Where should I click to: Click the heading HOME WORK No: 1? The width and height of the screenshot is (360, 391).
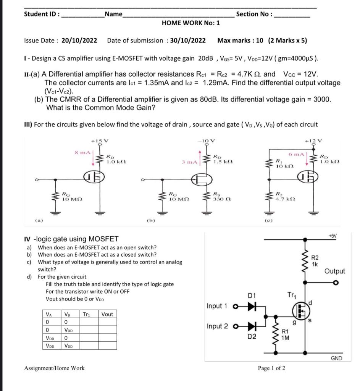pyautogui.click(x=190, y=23)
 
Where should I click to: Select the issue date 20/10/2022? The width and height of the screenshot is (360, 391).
pyautogui.click(x=79, y=40)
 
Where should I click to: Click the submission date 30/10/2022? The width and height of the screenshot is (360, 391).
pyautogui.click(x=187, y=40)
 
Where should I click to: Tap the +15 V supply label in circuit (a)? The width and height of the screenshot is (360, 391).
pyautogui.click(x=101, y=141)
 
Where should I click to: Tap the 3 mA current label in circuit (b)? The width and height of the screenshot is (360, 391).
pyautogui.click(x=190, y=162)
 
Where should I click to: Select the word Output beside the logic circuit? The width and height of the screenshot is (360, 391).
pyautogui.click(x=334, y=271)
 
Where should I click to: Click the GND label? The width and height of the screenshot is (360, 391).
pyautogui.click(x=336, y=358)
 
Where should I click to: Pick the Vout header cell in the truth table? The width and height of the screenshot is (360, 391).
pyautogui.click(x=107, y=314)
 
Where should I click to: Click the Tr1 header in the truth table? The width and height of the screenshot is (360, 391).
pyautogui.click(x=87, y=314)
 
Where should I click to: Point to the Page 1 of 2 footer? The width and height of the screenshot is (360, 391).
pyautogui.click(x=271, y=368)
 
